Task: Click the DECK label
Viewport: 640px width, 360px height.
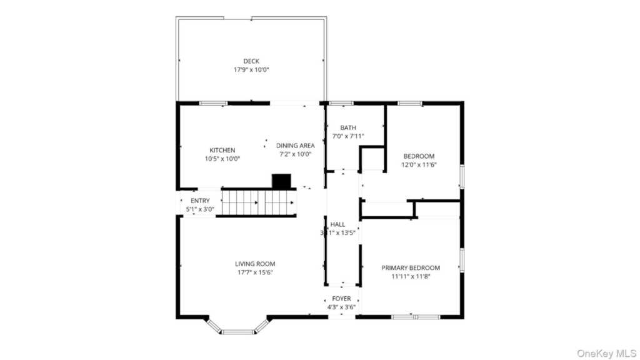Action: (251, 61)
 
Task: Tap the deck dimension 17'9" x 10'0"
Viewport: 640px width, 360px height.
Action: (251, 70)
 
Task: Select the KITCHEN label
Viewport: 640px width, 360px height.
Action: (222, 150)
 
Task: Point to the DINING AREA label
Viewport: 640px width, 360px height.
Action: (296, 146)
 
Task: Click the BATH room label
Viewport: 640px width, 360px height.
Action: (348, 127)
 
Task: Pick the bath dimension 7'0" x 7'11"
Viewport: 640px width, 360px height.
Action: (348, 136)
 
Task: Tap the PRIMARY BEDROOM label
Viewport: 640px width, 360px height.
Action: (411, 267)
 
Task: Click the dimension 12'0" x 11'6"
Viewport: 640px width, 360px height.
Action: (419, 165)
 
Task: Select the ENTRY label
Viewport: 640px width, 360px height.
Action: (200, 201)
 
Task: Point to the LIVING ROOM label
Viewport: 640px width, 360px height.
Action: (255, 264)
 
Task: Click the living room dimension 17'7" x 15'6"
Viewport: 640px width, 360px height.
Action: (255, 272)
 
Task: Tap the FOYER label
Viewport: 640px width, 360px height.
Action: (341, 299)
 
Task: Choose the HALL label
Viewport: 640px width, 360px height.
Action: (337, 224)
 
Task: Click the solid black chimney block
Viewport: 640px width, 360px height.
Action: (281, 181)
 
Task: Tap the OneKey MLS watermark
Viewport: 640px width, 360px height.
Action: (606, 354)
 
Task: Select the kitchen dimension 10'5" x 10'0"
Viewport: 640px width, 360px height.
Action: (222, 159)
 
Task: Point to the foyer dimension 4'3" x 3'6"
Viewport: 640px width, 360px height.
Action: (341, 307)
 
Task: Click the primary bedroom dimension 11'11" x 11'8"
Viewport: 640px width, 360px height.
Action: (411, 276)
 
